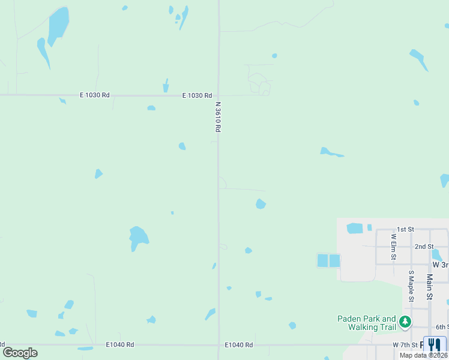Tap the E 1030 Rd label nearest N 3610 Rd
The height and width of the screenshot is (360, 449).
197,95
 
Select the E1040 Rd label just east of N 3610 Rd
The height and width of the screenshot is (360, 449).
239,345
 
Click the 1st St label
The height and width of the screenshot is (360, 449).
406,229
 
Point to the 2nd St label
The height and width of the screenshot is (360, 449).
424,247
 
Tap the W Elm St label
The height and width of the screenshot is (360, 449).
394,247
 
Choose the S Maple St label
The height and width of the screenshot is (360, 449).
411,286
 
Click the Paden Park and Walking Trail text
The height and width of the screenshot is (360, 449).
367,323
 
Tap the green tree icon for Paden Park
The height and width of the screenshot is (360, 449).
405,322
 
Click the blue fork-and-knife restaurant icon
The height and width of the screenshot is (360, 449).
435,344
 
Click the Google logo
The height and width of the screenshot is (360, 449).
20,352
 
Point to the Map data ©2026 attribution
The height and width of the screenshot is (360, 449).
423,355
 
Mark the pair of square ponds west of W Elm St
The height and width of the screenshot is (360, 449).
328,260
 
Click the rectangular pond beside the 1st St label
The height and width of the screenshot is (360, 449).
355,228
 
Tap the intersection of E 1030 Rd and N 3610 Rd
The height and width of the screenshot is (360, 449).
218,95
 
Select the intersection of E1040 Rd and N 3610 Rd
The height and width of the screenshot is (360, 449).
218,345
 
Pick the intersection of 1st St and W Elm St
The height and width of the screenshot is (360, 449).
376,229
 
